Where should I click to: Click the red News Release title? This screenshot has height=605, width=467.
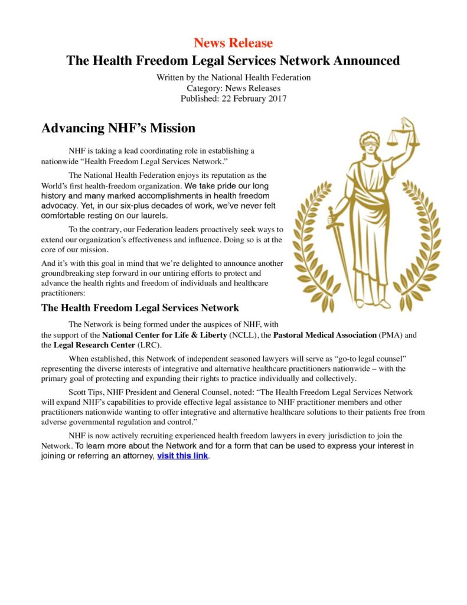(233, 43)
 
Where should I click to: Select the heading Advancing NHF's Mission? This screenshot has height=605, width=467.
(118, 128)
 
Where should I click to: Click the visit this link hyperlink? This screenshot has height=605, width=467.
(182, 456)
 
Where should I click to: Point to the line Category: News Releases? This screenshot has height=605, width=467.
(233, 89)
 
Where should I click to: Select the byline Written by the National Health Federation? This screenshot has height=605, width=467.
(233, 78)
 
